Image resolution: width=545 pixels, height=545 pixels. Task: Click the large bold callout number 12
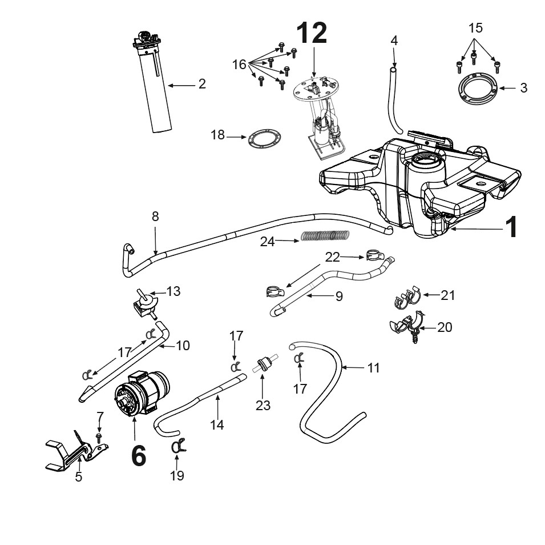click(312, 33)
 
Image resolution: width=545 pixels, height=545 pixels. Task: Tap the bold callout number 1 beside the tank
click(511, 227)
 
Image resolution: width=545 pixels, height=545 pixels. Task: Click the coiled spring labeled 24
click(325, 235)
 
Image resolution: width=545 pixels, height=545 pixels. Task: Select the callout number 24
click(267, 242)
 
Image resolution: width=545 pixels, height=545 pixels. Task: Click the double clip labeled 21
click(407, 297)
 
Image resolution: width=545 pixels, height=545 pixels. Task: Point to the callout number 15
click(475, 28)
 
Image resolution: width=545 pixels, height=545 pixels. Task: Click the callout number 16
click(239, 65)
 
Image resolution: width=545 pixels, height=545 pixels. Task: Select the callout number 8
click(155, 217)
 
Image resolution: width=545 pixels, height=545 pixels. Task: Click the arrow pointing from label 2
click(182, 85)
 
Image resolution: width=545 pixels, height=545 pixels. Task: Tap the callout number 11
click(373, 368)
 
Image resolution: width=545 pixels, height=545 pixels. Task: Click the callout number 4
click(394, 41)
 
